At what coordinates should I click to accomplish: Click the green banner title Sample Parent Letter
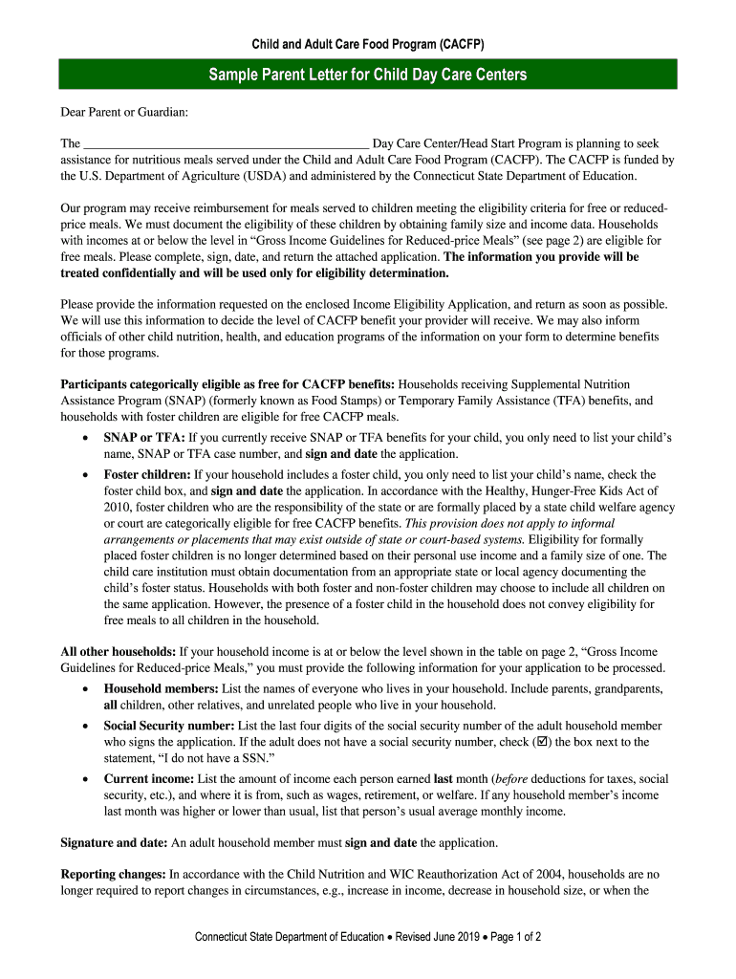coord(368,75)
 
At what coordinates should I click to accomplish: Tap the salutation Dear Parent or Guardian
coord(124,113)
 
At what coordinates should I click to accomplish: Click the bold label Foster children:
coord(147,474)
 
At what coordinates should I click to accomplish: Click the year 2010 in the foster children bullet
coord(118,507)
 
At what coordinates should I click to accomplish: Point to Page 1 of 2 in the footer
coord(516,937)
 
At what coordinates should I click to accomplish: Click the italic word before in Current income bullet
coord(509,778)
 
